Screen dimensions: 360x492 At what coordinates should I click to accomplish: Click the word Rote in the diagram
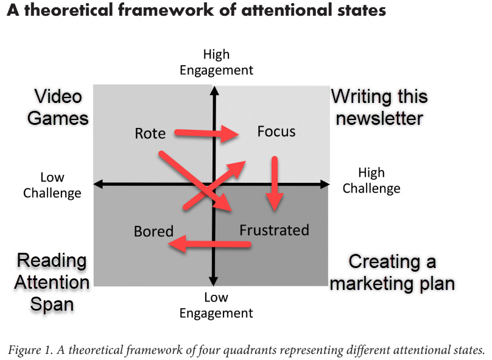point(150,133)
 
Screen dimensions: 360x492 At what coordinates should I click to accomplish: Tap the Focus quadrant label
point(276,132)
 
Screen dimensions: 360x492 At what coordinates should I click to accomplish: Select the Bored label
point(153,231)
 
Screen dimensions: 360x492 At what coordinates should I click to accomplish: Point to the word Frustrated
point(274,230)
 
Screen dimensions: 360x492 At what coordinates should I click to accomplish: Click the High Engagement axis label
point(216,63)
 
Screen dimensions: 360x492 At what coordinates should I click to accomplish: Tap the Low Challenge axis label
point(52,185)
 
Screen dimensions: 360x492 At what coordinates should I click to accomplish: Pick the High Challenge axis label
point(371,180)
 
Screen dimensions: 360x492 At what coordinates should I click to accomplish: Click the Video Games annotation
point(58,107)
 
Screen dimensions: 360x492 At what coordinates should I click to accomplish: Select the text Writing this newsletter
point(379,107)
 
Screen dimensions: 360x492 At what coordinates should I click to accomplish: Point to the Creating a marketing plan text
point(392,272)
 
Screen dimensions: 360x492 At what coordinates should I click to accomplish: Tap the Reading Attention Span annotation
point(52,282)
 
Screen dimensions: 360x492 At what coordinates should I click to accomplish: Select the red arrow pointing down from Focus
point(275,183)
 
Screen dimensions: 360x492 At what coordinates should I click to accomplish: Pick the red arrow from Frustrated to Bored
point(209,245)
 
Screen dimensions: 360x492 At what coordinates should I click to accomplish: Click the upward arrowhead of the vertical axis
point(214,91)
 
